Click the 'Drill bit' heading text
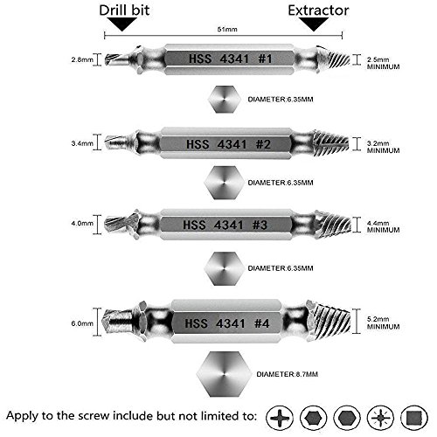pyautogui.click(x=124, y=10)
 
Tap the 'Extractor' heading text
pyautogui.click(x=318, y=10)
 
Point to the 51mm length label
pyautogui.click(x=227, y=29)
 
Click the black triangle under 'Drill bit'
pyautogui.click(x=122, y=24)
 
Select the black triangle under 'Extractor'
pyautogui.click(x=314, y=24)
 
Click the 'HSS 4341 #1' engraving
pyautogui.click(x=230, y=59)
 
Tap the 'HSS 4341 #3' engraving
pyautogui.click(x=225, y=225)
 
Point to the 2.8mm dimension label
pyautogui.click(x=82, y=59)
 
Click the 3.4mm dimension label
pyautogui.click(x=82, y=143)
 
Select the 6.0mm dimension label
pyautogui.click(x=82, y=323)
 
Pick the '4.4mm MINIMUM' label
pyautogui.click(x=383, y=226)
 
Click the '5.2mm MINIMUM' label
pyautogui.click(x=383, y=323)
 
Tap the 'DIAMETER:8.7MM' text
pyautogui.click(x=287, y=374)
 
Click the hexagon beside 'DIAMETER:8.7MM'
pyautogui.click(x=224, y=374)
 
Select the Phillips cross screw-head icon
pyautogui.click(x=280, y=418)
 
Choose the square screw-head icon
pyautogui.click(x=414, y=418)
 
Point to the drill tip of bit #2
pyautogui.click(x=117, y=142)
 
